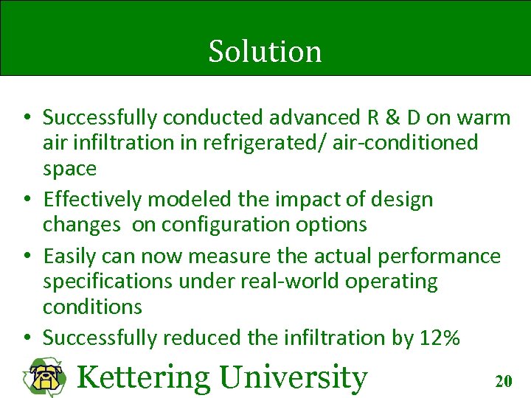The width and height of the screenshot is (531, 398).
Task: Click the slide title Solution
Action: point(265,52)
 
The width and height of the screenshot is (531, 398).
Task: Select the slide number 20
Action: point(504,381)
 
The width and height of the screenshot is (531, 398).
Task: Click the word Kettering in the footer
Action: point(143,377)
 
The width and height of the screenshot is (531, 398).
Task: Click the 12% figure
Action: point(440,338)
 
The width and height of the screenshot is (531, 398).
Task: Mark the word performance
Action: point(439,256)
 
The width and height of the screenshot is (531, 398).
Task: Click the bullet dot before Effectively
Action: point(25,200)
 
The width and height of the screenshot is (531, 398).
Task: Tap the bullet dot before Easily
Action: point(25,256)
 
